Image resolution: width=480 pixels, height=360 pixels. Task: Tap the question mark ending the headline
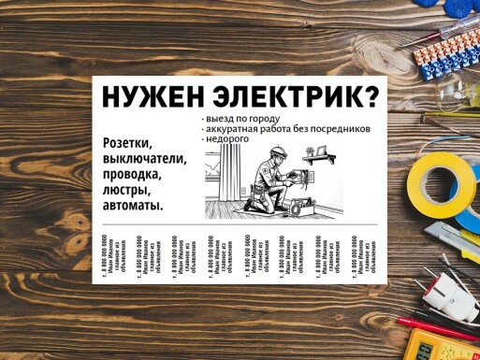[x=371, y=97]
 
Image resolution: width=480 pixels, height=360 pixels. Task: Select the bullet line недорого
[x=228, y=139]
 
